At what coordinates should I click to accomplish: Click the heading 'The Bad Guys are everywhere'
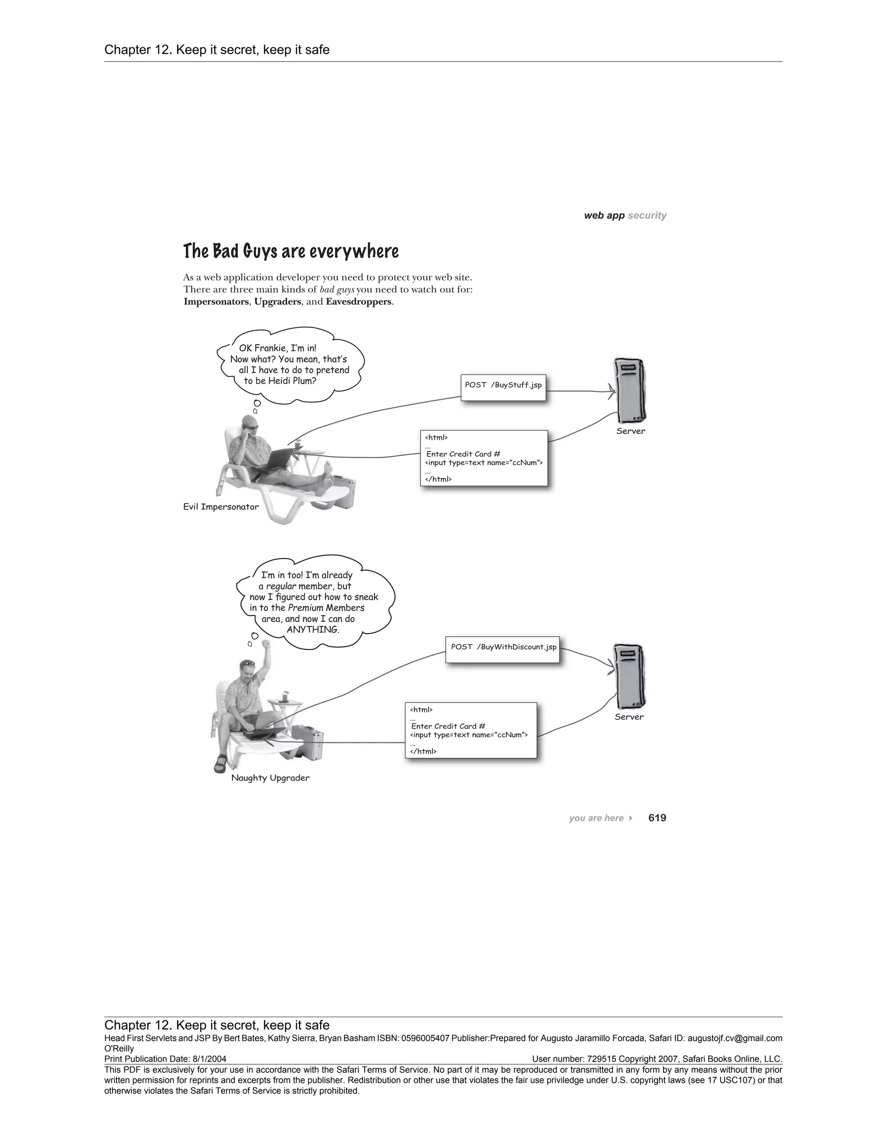coord(291,251)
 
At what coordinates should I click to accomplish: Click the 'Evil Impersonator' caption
coord(221,507)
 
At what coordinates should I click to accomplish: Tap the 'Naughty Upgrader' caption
coord(270,778)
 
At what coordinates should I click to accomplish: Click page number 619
coord(657,818)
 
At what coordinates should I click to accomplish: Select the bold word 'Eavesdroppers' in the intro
coord(358,302)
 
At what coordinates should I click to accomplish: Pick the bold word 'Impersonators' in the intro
coord(216,302)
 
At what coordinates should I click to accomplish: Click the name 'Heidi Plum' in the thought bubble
coord(294,381)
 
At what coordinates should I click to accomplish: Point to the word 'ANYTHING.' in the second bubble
coord(313,629)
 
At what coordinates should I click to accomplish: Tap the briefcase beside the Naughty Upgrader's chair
coord(308,741)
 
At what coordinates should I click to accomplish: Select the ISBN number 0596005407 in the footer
coord(424,1038)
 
